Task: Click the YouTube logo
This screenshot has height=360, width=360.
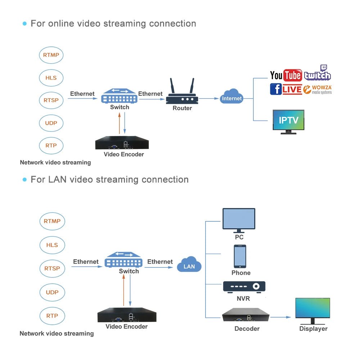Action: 286,75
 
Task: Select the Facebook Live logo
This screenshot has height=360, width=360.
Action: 286,89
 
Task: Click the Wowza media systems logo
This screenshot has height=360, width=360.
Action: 318,90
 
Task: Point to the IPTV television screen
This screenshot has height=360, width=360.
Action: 288,120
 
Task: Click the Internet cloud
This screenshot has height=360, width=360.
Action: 232,97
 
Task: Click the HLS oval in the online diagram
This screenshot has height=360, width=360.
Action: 51,78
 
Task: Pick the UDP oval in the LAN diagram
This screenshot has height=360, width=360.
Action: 52,292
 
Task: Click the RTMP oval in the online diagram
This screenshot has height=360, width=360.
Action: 51,55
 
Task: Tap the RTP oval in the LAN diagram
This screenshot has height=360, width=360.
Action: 52,316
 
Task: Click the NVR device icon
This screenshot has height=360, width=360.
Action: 244,287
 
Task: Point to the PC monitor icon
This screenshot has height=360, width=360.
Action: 239,220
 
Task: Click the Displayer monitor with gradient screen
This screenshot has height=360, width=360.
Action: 312,310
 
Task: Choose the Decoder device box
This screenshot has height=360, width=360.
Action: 246,315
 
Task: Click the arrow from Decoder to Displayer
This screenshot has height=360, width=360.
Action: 281,317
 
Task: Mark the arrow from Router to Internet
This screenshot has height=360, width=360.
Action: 209,98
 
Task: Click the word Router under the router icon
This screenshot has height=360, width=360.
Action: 182,108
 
